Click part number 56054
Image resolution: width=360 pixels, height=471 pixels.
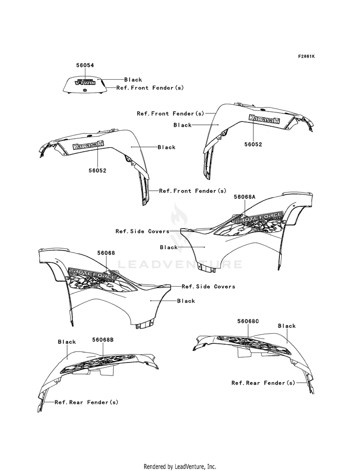coord(85,65)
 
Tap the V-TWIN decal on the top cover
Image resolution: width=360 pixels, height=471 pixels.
coord(85,82)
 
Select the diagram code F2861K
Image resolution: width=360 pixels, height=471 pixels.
coord(306,56)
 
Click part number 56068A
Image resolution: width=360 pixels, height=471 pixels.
coord(245,197)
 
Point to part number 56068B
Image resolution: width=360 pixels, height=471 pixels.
coord(103,340)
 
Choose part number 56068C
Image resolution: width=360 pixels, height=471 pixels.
coord(248,321)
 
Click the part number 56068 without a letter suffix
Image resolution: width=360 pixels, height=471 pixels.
coord(106,253)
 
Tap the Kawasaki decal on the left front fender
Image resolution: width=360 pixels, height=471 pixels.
coord(88,145)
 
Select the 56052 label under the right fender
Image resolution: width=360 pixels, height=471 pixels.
coord(253,144)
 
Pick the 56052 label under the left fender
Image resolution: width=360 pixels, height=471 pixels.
coord(97,170)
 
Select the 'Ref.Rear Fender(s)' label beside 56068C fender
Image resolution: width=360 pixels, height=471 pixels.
coord(264,383)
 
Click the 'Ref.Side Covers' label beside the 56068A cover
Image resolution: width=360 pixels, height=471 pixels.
coord(142,231)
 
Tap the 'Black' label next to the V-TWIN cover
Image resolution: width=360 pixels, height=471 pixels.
coord(133,80)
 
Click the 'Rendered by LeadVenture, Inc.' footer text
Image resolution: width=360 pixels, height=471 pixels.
coord(180,467)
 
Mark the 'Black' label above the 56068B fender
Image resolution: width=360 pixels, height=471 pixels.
coord(67,342)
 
